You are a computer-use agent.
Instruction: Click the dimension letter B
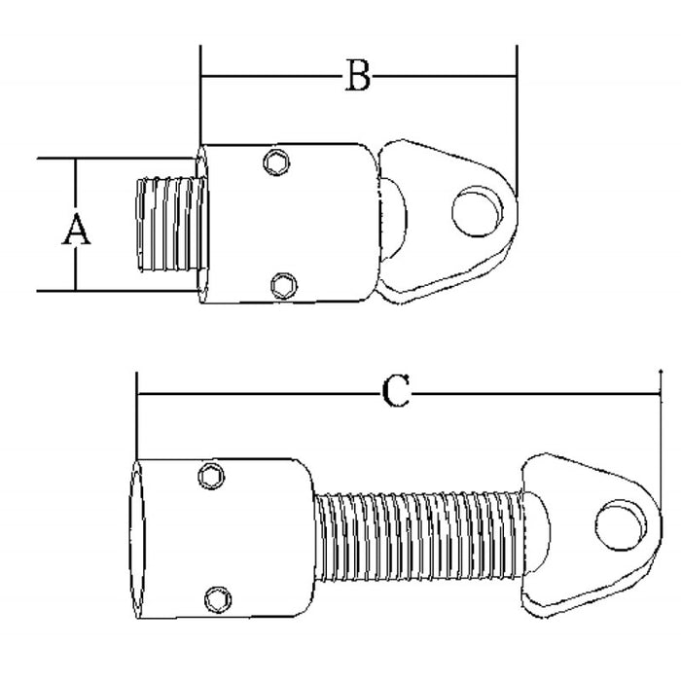(359, 76)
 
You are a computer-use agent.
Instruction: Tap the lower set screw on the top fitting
(282, 284)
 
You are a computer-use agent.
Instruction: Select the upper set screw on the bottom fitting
(210, 475)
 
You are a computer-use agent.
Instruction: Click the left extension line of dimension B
(200, 97)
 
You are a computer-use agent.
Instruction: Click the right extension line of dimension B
(517, 117)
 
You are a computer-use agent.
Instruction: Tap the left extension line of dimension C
(137, 418)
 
